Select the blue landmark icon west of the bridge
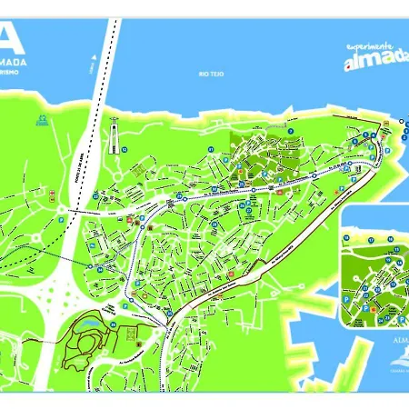41,119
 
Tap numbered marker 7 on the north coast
290,132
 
